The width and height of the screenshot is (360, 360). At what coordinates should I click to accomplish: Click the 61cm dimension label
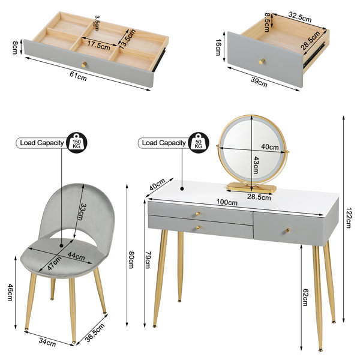[78, 76]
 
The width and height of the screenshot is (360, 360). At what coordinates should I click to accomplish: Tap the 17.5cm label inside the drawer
[98, 44]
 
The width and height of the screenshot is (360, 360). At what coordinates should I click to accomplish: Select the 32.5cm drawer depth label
[299, 17]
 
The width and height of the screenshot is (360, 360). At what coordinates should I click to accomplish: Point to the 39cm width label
[259, 82]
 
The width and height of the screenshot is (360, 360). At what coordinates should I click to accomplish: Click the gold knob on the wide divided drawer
[84, 65]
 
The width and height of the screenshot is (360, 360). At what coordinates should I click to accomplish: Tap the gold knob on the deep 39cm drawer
[262, 61]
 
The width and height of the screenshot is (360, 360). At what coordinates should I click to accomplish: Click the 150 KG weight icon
[77, 143]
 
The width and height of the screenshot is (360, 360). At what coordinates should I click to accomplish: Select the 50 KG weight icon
[199, 143]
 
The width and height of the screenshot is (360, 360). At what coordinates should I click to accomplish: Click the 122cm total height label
[349, 218]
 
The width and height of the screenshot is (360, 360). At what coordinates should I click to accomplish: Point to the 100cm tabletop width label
[227, 202]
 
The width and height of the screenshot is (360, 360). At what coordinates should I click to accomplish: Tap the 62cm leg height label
[305, 297]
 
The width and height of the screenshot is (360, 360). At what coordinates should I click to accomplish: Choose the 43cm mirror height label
[256, 165]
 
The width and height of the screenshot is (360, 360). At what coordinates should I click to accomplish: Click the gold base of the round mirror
[251, 187]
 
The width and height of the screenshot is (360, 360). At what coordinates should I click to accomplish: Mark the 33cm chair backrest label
[80, 212]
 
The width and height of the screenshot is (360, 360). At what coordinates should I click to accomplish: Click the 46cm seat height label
[10, 292]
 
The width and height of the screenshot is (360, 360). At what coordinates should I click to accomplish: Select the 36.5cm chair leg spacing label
[95, 332]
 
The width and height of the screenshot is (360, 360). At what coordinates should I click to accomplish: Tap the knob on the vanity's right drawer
[287, 230]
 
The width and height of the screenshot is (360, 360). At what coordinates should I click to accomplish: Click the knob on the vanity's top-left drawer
[197, 214]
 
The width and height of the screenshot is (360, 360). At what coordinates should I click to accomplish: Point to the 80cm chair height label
[131, 260]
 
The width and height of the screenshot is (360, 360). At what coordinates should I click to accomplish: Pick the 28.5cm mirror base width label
[259, 197]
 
